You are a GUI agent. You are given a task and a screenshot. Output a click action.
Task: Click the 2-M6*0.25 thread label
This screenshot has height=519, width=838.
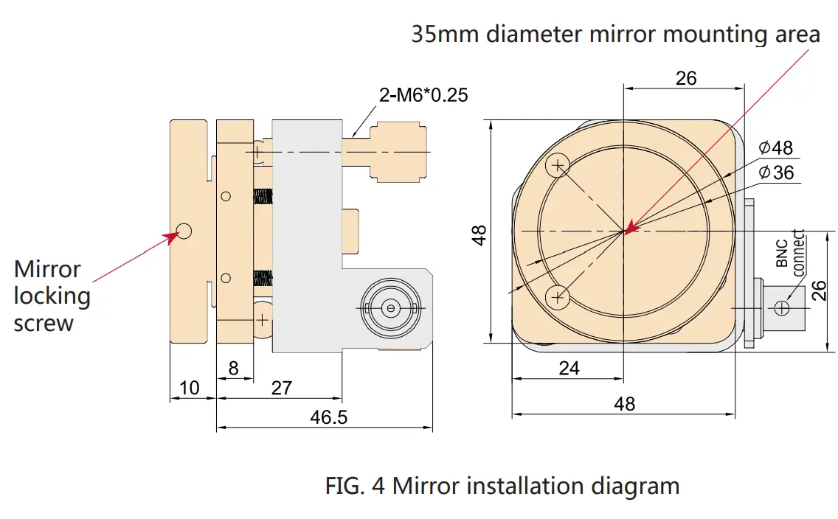pos(423,94)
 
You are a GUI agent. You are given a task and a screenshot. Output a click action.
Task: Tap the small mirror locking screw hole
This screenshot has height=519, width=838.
pos(184,231)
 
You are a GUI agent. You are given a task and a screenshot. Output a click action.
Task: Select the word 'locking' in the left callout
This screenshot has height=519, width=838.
pos(52,296)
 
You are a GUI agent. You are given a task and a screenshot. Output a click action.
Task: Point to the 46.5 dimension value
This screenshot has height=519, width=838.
pos(328,417)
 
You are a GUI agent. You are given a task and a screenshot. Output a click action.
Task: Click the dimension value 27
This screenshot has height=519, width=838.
pos(281,388)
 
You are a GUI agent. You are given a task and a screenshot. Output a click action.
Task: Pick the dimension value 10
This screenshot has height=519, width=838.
pos(189,388)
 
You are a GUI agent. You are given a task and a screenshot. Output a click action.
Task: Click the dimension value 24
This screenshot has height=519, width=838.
pos(569,368)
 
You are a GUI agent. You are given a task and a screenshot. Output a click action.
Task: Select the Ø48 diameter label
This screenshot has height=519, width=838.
pos(775,147)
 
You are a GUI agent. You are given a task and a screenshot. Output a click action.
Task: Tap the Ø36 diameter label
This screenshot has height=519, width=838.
pos(775,172)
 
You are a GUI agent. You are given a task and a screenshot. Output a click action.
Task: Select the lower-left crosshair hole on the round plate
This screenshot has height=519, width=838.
pos(558,297)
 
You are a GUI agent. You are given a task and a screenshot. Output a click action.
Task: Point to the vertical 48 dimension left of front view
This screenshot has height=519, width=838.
pos(479,235)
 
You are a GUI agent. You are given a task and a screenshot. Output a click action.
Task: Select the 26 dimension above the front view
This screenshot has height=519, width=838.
pos(685,77)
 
